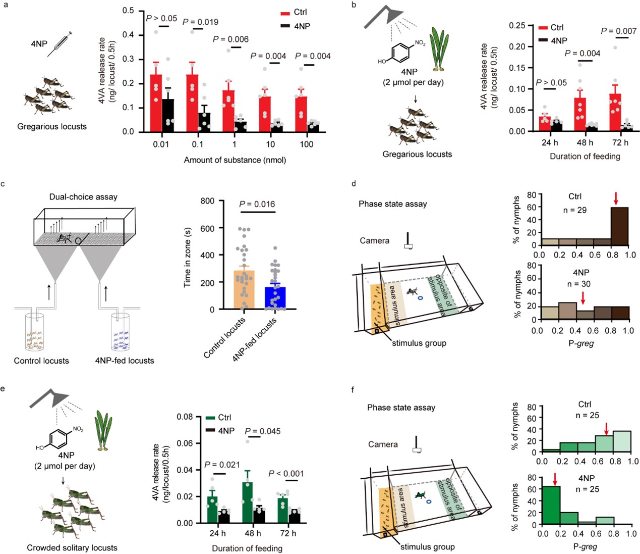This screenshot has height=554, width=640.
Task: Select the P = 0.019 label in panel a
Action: click(200, 22)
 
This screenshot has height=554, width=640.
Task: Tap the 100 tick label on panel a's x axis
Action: click(306, 144)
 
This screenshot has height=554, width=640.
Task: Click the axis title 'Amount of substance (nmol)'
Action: click(235, 160)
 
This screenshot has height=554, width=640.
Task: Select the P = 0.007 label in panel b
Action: click(618, 31)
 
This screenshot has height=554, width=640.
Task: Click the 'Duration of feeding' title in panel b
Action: click(585, 157)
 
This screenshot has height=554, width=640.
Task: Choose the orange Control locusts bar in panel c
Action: click(245, 290)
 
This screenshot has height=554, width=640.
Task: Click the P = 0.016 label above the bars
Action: click(257, 204)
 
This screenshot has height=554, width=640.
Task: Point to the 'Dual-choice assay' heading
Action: click(83, 197)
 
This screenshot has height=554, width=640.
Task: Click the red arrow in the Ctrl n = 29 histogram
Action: click(615, 198)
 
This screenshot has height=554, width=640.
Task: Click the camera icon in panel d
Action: click(409, 242)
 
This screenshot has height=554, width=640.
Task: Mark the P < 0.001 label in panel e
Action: click(286, 474)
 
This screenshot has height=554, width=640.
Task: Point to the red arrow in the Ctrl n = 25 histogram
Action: click(606, 429)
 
